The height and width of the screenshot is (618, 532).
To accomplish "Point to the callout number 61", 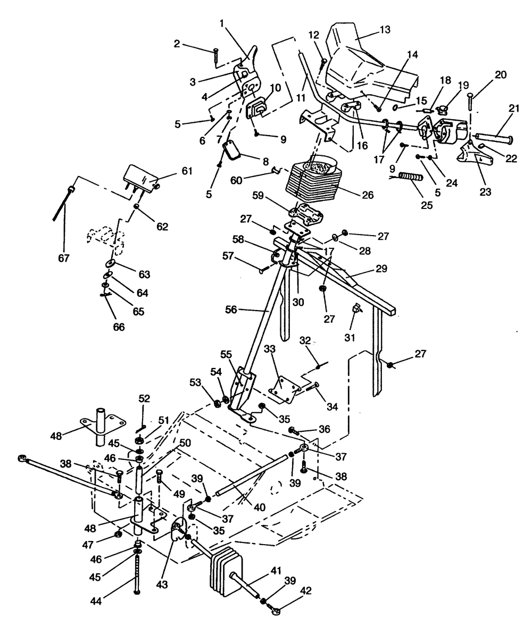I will tap(170, 171).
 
